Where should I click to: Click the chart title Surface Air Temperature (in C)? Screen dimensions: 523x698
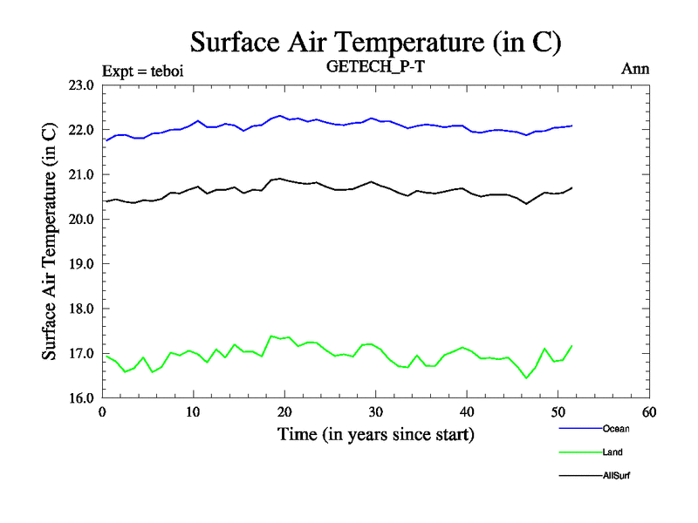coord(375,41)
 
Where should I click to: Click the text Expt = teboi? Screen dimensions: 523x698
coord(142,71)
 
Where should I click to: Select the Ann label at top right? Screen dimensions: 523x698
coord(635,69)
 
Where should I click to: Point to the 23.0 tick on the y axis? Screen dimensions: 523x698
coord(81,85)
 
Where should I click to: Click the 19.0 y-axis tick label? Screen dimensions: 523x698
coord(81,263)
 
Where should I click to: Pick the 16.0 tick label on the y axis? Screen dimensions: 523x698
coord(81,397)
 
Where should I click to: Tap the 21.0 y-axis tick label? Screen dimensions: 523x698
coord(81,174)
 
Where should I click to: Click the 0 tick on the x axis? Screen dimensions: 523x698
coord(103,412)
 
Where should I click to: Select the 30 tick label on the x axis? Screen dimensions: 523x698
coord(376,412)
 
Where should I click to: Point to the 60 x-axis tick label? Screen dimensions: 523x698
coord(649,412)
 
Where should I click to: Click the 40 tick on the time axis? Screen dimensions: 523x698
coord(467,412)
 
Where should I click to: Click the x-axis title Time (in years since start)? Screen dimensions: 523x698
coord(376,433)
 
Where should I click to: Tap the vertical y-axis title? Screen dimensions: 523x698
coord(50,241)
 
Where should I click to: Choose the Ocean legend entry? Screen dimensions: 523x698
coord(615,428)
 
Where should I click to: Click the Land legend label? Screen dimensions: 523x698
coord(612,452)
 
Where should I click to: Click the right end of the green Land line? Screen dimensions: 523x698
coord(572,345)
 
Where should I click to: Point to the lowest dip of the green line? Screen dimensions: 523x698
coord(526,377)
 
